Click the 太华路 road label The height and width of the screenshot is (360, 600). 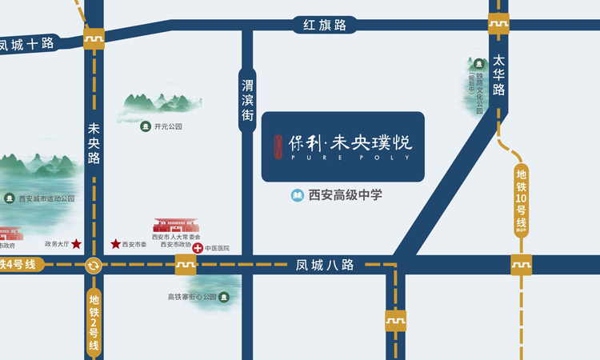(x=499, y=74)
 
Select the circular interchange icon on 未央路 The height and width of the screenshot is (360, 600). (x=94, y=266)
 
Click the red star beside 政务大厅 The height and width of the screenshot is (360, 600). (x=77, y=243)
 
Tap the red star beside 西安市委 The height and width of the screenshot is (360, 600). (x=115, y=243)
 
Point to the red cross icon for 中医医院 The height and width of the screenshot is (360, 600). (x=198, y=249)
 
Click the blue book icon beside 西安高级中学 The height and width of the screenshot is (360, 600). (x=297, y=194)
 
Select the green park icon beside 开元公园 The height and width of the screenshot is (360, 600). (x=146, y=126)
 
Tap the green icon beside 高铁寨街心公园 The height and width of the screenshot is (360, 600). (x=225, y=297)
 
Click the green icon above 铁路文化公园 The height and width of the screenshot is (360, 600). (x=479, y=63)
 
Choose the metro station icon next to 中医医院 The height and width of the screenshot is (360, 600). (x=186, y=265)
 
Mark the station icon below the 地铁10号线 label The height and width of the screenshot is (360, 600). (x=522, y=264)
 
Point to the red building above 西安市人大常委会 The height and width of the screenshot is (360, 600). (x=176, y=226)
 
